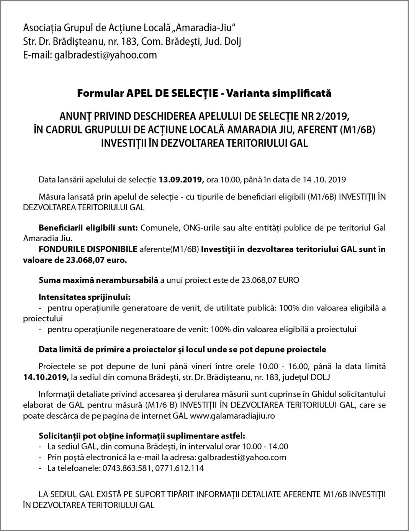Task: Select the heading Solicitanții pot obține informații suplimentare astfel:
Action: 142,435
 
